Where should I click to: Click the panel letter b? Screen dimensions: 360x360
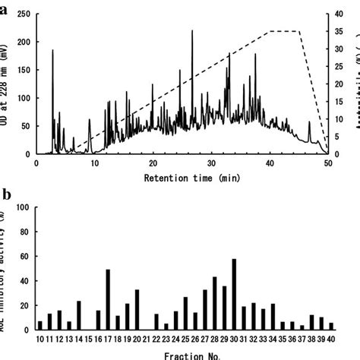pos(7,194)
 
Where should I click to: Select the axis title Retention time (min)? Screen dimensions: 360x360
pos(182,177)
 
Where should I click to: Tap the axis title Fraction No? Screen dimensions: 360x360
pos(182,354)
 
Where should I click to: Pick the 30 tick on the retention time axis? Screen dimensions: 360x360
pos(211,163)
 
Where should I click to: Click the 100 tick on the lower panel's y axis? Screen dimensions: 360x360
pos(24,207)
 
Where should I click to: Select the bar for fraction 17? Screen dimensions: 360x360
pos(108,299)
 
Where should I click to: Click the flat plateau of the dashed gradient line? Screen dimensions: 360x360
pos(285,32)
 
